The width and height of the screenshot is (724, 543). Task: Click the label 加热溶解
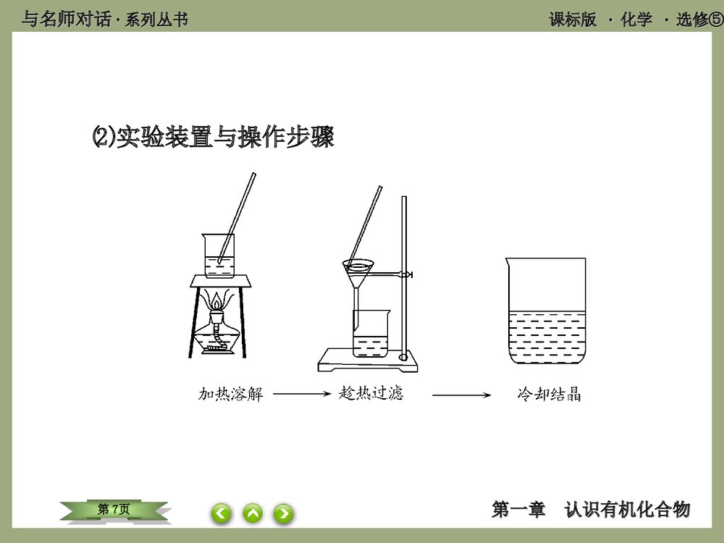click(x=230, y=395)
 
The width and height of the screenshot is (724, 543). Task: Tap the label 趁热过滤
click(x=371, y=394)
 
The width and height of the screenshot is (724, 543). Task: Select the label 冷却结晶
click(x=550, y=395)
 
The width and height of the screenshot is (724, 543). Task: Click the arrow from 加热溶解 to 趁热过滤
click(x=301, y=395)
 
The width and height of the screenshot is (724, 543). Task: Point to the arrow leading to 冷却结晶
click(x=462, y=395)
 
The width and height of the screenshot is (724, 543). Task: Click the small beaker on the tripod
click(x=218, y=257)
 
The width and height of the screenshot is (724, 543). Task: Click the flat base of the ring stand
click(x=369, y=361)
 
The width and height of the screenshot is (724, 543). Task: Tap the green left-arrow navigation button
click(x=222, y=513)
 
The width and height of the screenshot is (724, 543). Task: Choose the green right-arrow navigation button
click(x=283, y=513)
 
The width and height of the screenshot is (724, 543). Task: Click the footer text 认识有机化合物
click(x=627, y=510)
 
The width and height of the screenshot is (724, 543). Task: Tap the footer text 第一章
click(x=518, y=510)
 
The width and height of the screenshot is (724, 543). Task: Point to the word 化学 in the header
click(x=636, y=20)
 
